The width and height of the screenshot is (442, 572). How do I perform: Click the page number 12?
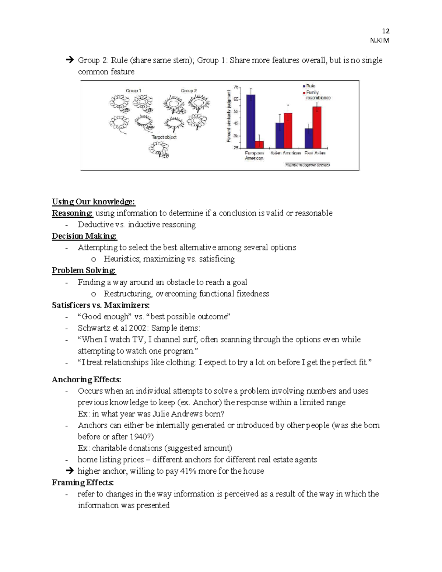click(386, 31)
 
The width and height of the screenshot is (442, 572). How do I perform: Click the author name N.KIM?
click(379, 41)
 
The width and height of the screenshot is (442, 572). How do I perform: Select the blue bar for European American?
click(251, 121)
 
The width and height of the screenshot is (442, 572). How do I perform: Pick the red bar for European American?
click(259, 144)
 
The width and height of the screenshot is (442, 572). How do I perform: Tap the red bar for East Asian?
click(317, 127)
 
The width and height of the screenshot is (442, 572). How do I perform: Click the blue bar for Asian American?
click(280, 135)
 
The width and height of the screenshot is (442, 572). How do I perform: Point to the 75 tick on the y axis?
click(236, 87)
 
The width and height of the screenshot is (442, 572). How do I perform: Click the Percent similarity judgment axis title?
click(229, 116)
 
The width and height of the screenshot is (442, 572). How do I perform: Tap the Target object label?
click(164, 137)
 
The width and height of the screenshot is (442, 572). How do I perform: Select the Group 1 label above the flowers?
click(133, 91)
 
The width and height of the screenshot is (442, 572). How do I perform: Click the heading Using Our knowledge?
click(94, 201)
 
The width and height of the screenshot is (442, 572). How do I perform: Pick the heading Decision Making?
click(84, 236)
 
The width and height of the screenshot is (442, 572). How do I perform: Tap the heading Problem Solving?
click(84, 270)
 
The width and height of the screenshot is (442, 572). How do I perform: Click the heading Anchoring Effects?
click(86, 379)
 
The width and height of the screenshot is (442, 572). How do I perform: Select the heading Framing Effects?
click(83, 482)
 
